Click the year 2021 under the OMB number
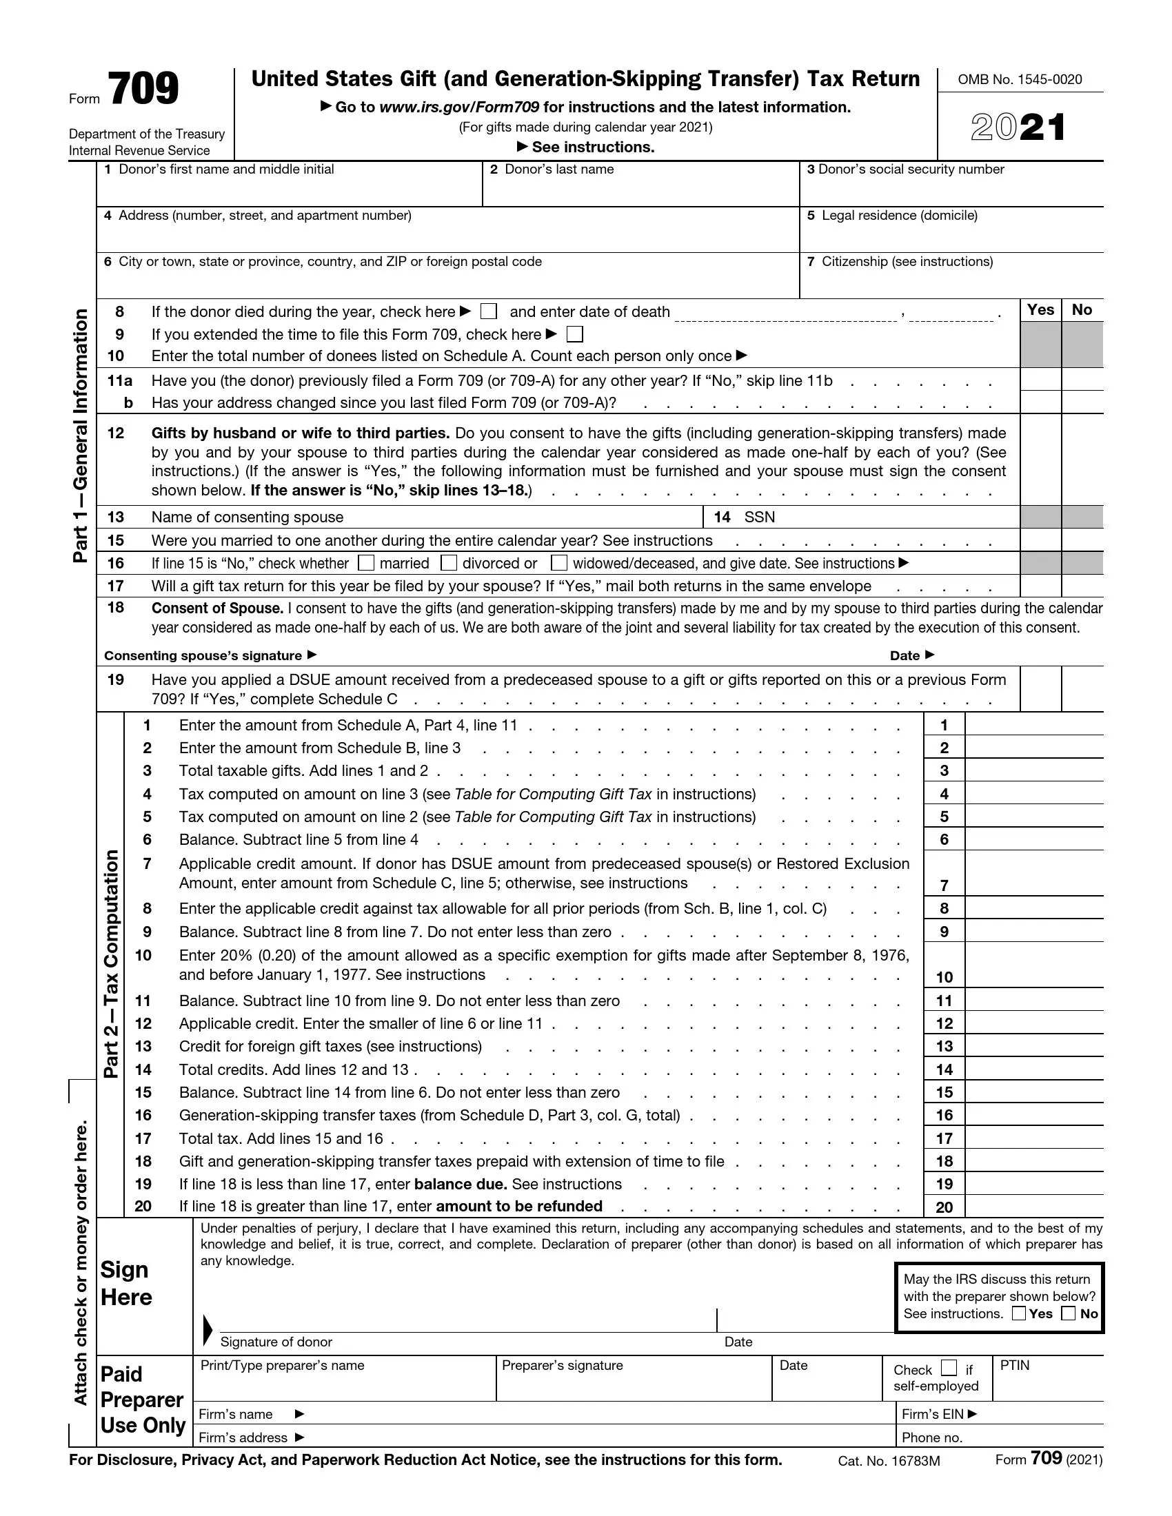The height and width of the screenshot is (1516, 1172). pos(1018,127)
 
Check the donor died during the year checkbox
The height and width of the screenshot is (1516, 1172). pos(489,311)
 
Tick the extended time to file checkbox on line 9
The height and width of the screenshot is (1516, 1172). pos(574,335)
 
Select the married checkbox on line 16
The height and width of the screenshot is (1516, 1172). pos(366,563)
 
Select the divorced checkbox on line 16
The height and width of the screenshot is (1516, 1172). pos(449,563)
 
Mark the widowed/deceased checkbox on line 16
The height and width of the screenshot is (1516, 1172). pos(559,563)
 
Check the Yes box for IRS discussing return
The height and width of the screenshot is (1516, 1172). pos(1018,1313)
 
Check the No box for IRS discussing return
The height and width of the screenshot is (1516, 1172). pos(1069,1313)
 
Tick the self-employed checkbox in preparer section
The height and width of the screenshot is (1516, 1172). pos(949,1368)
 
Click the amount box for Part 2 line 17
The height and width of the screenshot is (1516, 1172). pos(1033,1139)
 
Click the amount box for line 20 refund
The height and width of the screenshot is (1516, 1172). pos(1033,1207)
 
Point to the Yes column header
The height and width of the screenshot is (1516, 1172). pos(1040,309)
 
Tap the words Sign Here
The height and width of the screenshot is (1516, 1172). pos(125,1284)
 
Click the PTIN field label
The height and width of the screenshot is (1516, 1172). pos(1014,1365)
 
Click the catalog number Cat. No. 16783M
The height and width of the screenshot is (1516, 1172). pos(889,1461)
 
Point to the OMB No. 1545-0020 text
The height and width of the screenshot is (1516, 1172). pos(1019,80)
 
